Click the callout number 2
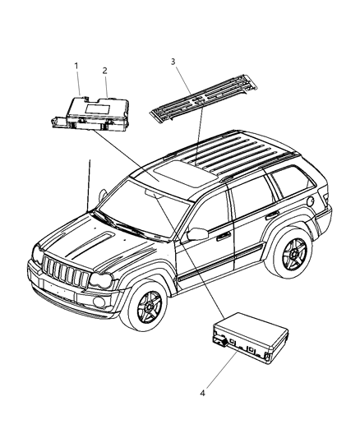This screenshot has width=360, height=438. point(105,71)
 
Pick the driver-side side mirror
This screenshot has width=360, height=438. point(196,234)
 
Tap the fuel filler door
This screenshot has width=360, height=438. point(310,200)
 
